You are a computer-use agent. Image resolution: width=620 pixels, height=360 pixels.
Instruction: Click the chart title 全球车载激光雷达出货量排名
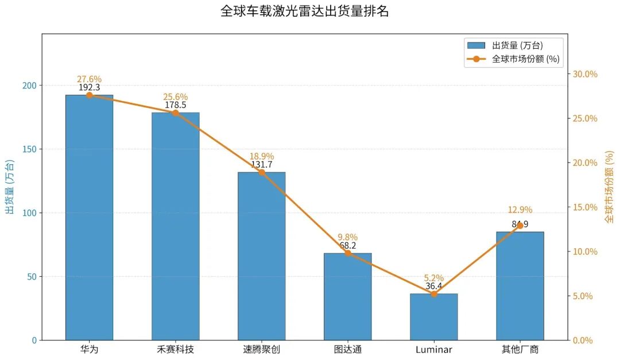click(x=304, y=11)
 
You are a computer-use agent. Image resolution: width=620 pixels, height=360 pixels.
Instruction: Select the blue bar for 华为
click(x=89, y=218)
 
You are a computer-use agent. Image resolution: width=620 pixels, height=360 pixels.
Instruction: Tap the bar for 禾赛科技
click(x=175, y=227)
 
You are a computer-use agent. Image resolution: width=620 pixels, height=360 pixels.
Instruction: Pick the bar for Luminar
click(x=433, y=317)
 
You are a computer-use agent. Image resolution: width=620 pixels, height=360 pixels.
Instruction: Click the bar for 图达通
click(x=347, y=296)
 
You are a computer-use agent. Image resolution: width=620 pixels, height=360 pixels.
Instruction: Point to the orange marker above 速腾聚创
click(x=261, y=172)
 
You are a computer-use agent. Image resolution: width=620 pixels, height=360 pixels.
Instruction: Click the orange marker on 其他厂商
click(x=520, y=226)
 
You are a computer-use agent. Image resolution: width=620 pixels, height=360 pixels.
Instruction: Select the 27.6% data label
click(x=89, y=79)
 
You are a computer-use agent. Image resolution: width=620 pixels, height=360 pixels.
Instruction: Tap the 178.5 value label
click(x=175, y=105)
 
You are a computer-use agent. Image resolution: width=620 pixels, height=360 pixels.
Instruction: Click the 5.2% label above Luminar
click(x=433, y=278)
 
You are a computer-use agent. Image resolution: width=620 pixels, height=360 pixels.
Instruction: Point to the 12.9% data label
click(x=520, y=210)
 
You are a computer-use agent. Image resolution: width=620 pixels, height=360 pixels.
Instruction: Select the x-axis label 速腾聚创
click(x=261, y=349)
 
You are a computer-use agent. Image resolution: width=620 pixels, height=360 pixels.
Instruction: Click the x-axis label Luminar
click(x=433, y=349)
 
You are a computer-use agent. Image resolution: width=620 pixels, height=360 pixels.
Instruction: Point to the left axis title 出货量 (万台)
click(x=10, y=187)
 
